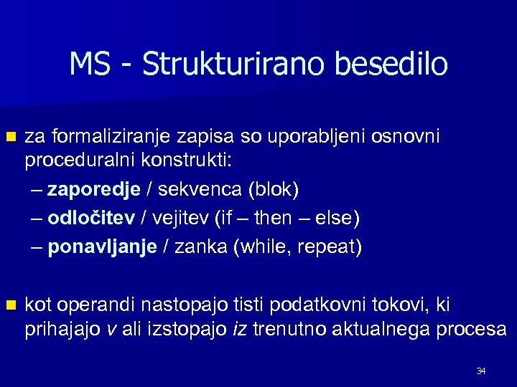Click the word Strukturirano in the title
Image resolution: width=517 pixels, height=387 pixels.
(227, 64)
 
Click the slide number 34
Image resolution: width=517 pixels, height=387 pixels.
(481, 371)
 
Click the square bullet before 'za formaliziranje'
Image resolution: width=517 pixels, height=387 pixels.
(9, 137)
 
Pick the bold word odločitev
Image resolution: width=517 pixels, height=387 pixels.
(91, 218)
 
